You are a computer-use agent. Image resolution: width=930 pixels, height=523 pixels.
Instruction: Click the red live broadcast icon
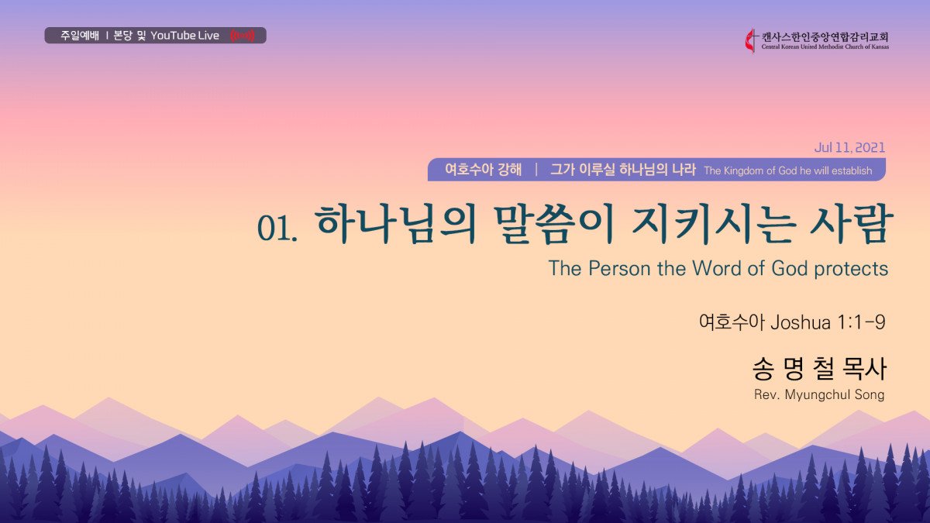point(243,36)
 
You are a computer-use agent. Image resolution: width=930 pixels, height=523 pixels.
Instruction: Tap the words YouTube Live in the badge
point(184,36)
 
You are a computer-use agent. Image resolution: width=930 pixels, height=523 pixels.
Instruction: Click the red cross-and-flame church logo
point(751,40)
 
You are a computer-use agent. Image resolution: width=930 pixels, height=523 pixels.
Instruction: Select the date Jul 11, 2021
point(849,147)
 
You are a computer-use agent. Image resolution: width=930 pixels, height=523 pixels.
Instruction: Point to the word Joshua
point(801,322)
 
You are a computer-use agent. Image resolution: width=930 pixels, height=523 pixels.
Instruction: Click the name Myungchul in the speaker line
point(811,394)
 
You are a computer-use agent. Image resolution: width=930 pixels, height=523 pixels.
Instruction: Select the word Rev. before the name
point(766,394)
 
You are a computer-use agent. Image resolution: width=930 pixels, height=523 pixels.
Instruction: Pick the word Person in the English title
point(619,268)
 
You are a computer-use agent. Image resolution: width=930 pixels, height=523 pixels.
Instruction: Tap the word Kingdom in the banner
point(743,170)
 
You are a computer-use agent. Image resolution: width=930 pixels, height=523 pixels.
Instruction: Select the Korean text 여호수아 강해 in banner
point(484,170)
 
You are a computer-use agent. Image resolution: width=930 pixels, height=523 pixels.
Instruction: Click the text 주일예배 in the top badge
point(80,36)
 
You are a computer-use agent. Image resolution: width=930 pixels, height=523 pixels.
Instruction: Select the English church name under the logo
point(825,47)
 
